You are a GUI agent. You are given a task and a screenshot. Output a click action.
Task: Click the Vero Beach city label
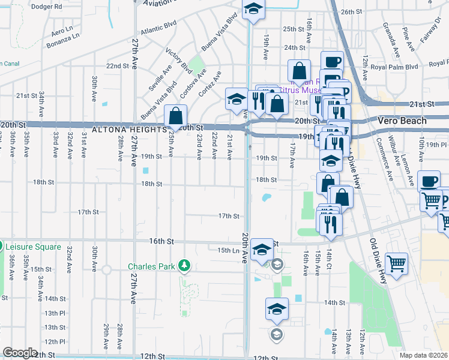coord(402,121)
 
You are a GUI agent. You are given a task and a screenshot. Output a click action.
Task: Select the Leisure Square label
coord(34,247)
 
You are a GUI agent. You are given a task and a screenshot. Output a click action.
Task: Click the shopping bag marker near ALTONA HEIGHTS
coord(175,115)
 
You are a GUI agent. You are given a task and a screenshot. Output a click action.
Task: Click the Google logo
coord(20,353)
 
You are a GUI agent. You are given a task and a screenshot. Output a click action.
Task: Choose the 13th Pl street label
coord(55,313)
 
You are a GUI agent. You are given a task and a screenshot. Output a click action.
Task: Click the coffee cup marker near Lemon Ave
coord(429,181)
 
